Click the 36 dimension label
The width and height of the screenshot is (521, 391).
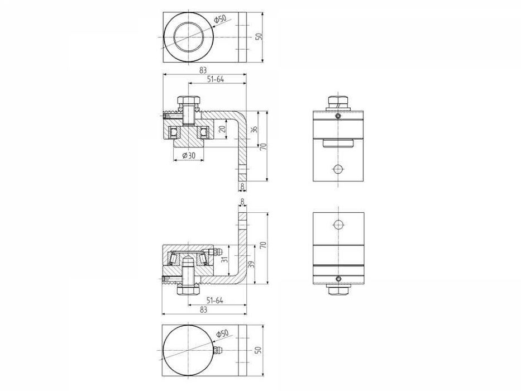tap(254, 129)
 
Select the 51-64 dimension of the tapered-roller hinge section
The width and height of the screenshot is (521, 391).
tap(216, 300)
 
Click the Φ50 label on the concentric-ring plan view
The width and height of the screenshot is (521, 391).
tap(221, 20)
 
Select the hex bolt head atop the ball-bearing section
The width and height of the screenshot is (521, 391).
tap(189, 101)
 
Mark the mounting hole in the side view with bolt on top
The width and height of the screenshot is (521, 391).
tap(337, 169)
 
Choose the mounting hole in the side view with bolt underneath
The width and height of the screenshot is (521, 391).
tap(337, 225)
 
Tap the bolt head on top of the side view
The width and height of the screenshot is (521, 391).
tap(337, 102)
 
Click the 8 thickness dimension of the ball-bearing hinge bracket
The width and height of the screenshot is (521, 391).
tap(242, 186)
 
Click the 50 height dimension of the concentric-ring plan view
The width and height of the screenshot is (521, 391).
tap(258, 36)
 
